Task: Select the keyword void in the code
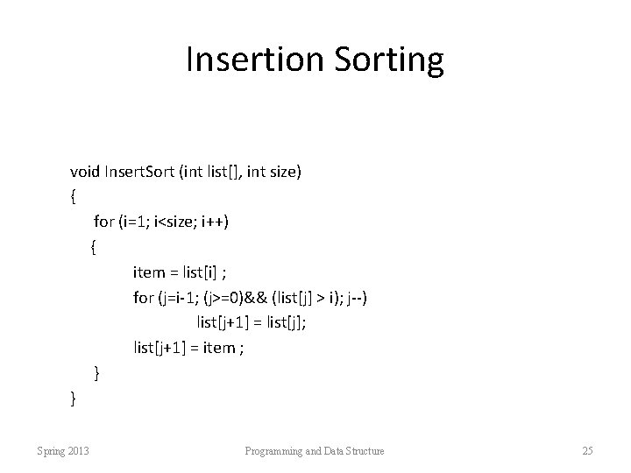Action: pos(86,172)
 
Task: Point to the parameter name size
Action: pos(282,172)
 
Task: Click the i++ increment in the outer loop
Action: pos(214,222)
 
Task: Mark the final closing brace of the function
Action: pos(73,399)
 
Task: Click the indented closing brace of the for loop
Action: pos(96,374)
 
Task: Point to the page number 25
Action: pos(587,451)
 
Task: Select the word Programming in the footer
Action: pos(273,451)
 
